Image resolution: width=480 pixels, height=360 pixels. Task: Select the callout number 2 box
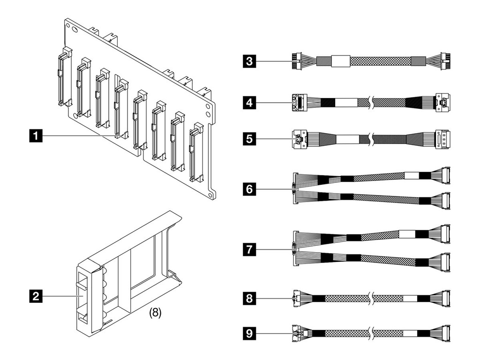(x=34, y=296)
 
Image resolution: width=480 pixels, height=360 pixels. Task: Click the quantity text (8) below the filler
(x=155, y=314)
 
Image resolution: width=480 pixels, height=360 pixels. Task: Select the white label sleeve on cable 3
(x=341, y=61)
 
